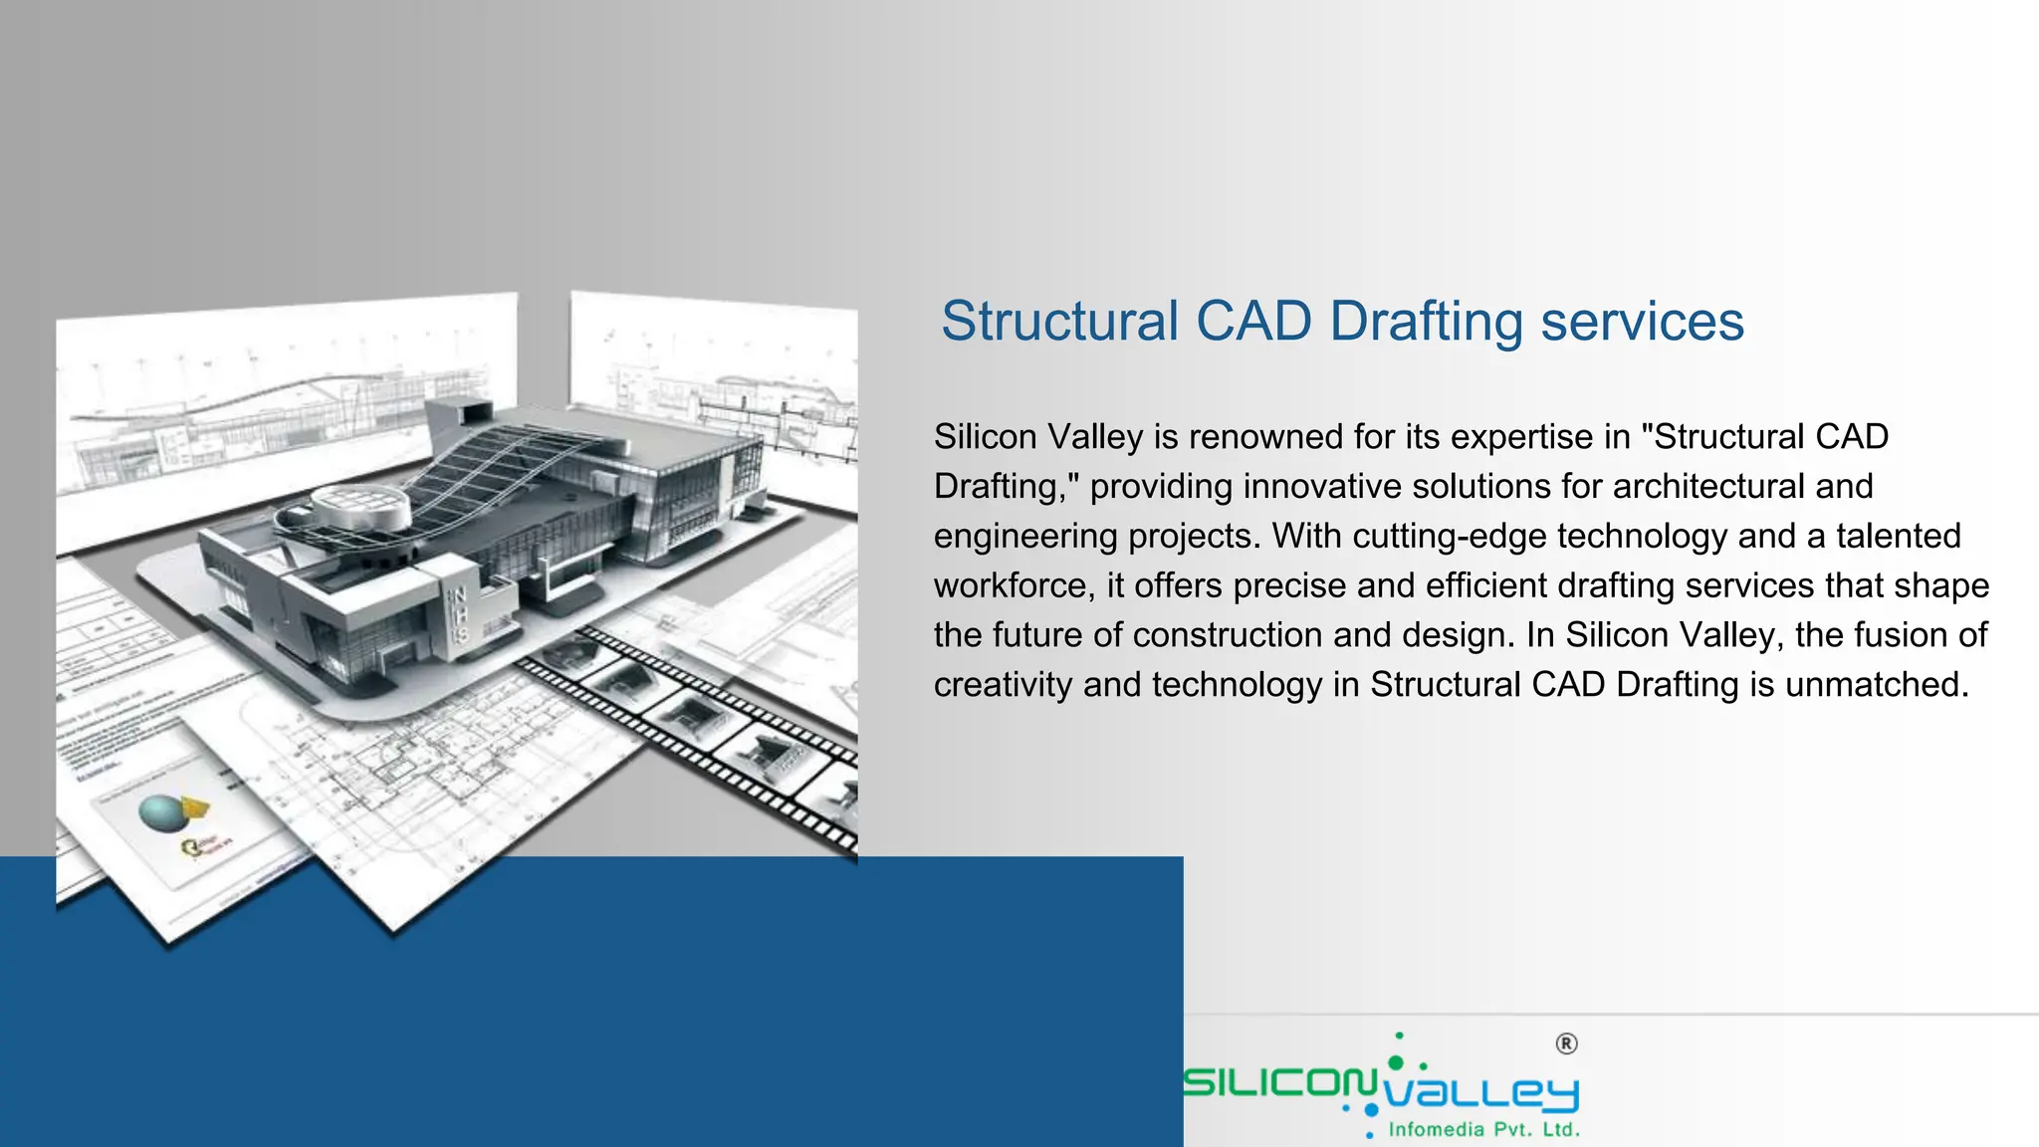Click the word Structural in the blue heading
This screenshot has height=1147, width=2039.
coord(1059,322)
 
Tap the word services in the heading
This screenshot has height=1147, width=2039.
coord(1642,322)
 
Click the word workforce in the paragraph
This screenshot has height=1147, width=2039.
coord(1014,586)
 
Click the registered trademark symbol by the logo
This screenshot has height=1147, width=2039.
coord(1566,1043)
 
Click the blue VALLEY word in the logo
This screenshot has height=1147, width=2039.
coord(1481,1093)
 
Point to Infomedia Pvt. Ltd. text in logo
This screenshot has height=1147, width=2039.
coord(1483,1130)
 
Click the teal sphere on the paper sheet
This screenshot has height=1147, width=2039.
coord(159,812)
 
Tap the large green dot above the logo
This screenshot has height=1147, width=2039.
coord(1396,1063)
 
